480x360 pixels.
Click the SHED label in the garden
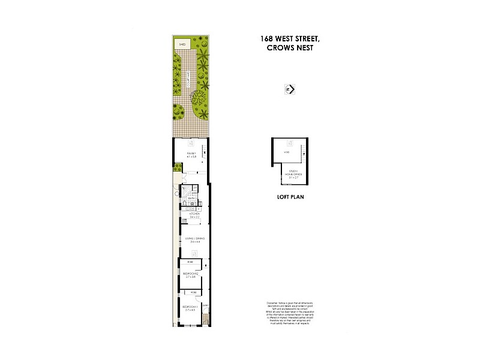tap(181, 44)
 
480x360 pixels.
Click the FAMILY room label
tap(190, 155)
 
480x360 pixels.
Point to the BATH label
tap(191, 199)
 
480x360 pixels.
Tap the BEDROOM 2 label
tap(190, 275)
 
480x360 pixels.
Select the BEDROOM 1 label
tap(190, 308)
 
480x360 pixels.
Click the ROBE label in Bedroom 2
tap(190, 263)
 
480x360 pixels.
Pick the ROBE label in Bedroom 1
tap(193, 292)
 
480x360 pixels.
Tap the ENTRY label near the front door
tap(205, 305)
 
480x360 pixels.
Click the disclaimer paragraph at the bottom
tap(286, 313)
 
